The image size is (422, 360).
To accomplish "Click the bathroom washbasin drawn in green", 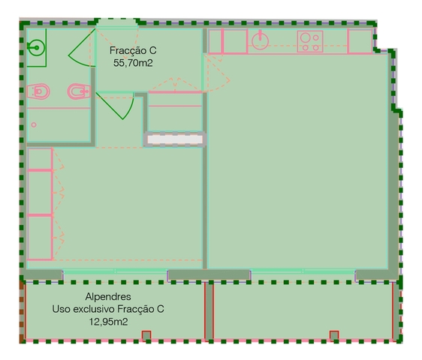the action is coord(36,48).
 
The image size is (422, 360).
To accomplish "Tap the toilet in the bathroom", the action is coord(38,91).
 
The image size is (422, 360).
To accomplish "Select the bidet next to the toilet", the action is coord(79,91).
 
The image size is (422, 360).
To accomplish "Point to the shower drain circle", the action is coord(34,124).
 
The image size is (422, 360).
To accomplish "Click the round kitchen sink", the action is coord(260,41).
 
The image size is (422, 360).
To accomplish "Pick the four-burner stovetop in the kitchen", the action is coord(310,41).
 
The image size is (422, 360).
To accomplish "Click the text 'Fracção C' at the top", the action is coord(133,50).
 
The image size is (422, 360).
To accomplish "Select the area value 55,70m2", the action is coord(133,63).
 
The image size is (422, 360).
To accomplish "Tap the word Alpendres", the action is coord(108,296).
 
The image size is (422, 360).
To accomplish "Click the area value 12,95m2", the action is coord(108,322).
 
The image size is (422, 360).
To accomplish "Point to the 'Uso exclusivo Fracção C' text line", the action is coord(108,309).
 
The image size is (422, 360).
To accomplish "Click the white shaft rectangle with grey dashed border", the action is coord(175,139).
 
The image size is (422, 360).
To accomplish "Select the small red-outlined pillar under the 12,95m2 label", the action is coord(146,336).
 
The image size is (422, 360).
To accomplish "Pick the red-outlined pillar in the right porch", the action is coord(334,336).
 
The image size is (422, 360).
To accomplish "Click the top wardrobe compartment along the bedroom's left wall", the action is coord(40,159).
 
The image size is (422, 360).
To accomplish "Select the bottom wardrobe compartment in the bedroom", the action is coord(40,238).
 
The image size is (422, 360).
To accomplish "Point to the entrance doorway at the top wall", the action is coord(117,23).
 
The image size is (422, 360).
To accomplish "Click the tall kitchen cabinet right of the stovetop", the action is coord(360,41).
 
